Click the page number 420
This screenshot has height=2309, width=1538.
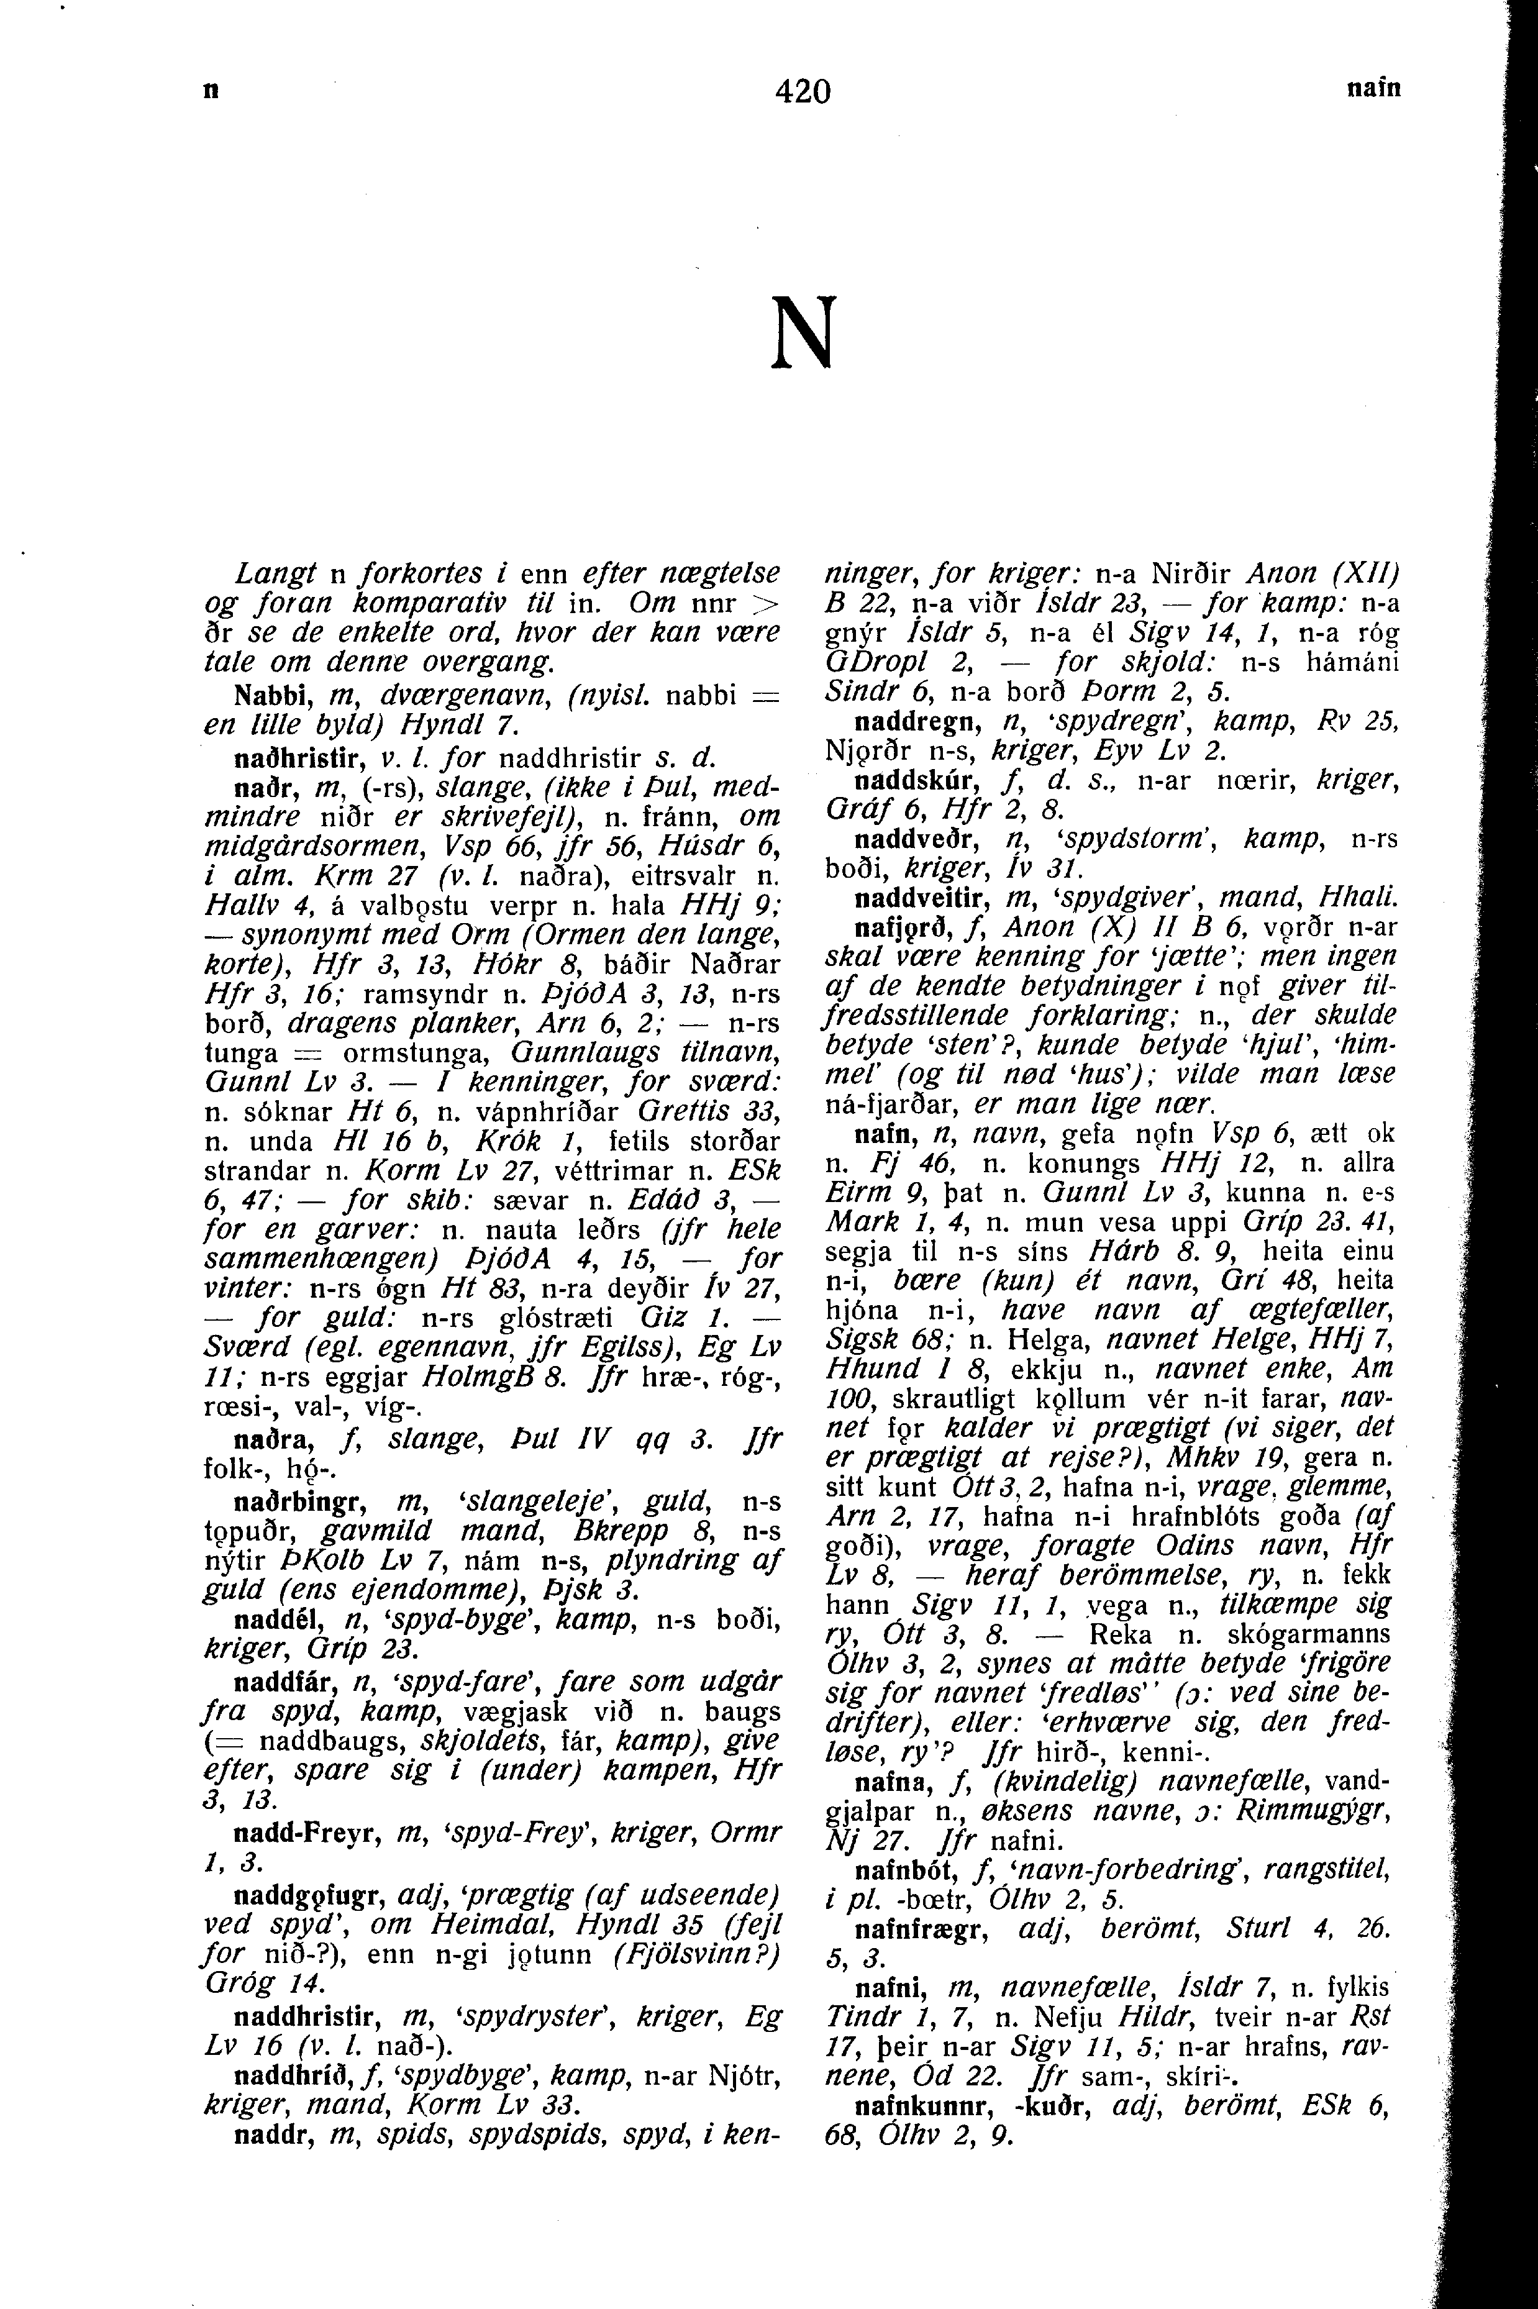point(803,91)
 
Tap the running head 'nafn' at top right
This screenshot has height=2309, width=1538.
point(1373,88)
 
